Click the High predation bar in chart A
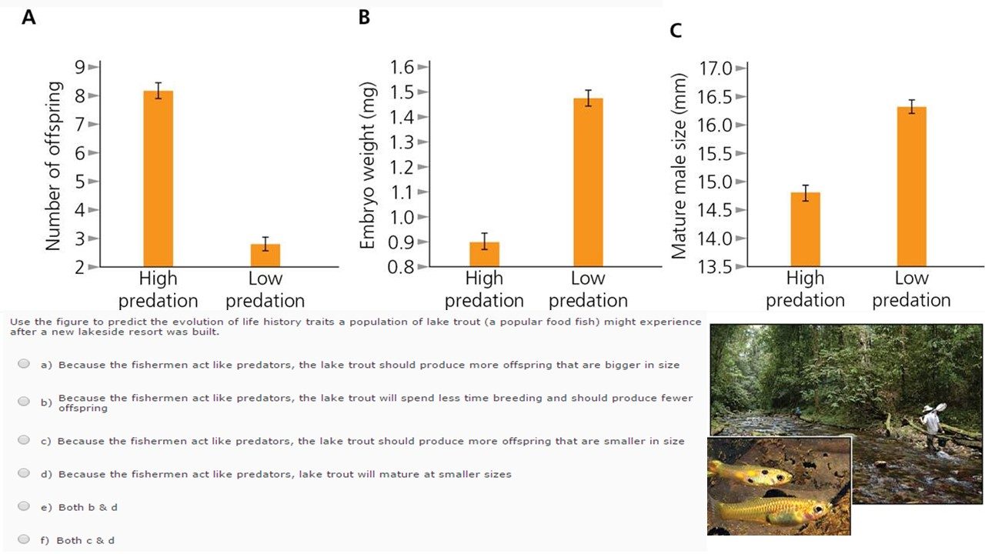(x=158, y=179)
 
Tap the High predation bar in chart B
(x=484, y=254)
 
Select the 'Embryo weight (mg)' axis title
(x=367, y=166)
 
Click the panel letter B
(x=364, y=17)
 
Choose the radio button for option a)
(x=24, y=364)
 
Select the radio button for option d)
(x=24, y=473)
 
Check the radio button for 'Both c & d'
(x=24, y=540)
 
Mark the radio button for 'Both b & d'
(x=24, y=506)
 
